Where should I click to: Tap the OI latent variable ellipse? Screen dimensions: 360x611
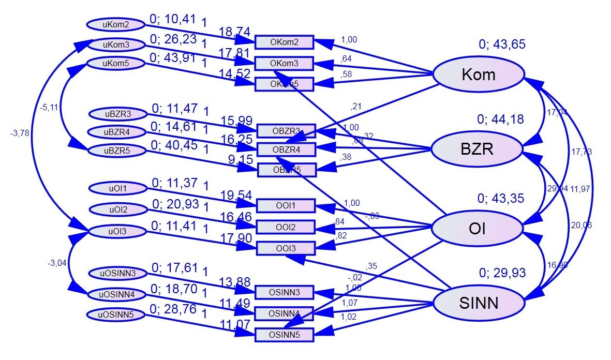click(476, 228)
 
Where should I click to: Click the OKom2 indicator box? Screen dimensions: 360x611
click(285, 42)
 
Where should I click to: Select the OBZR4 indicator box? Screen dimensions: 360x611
click(286, 150)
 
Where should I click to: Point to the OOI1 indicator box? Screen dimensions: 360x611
click(285, 206)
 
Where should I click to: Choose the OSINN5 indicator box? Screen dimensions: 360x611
click(285, 335)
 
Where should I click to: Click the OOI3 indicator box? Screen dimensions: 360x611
click(285, 249)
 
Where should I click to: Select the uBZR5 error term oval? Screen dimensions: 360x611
click(116, 151)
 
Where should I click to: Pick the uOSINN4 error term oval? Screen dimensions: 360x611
click(116, 294)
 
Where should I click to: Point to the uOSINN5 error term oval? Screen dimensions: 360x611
click(116, 314)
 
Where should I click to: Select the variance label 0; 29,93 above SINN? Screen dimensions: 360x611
click(502, 273)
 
